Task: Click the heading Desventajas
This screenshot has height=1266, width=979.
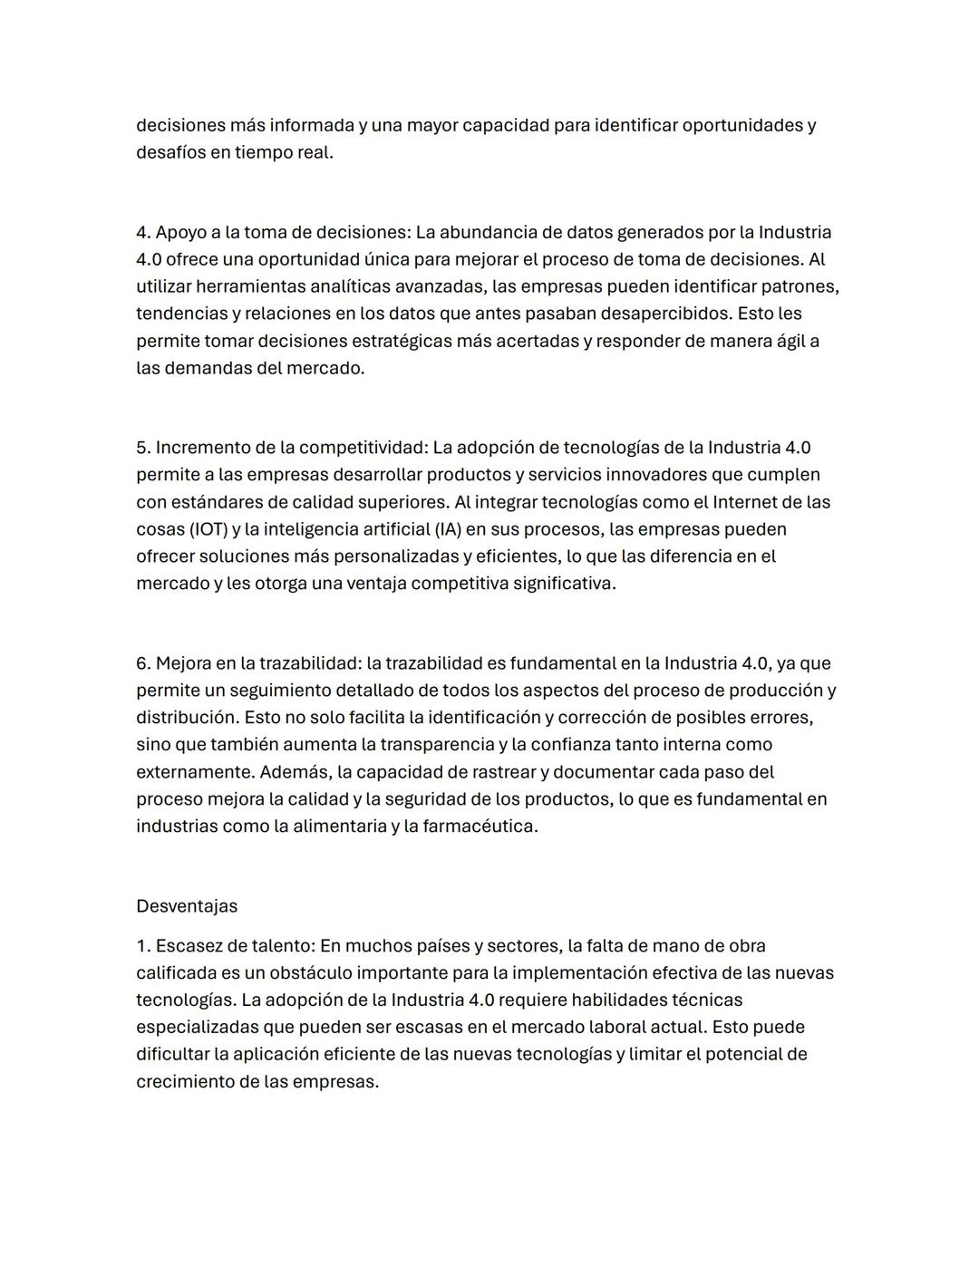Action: point(187,906)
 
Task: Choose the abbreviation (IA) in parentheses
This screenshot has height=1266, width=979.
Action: point(451,529)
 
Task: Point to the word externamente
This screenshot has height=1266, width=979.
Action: point(194,772)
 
